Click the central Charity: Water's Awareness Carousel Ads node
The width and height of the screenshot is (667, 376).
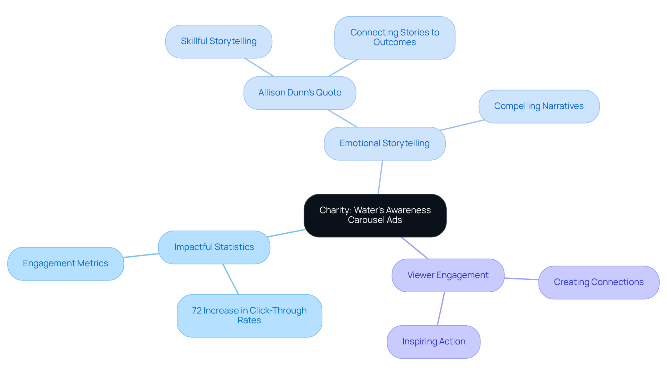(375, 215)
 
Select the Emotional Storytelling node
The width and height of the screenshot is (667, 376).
(385, 143)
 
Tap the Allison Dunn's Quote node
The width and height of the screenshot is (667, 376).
(299, 93)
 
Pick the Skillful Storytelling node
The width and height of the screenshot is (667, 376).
(219, 41)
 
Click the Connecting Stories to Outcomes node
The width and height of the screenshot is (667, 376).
(395, 37)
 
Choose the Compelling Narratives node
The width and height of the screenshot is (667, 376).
(539, 106)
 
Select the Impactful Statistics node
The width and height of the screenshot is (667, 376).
(214, 247)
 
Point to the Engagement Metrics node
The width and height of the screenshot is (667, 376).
(65, 264)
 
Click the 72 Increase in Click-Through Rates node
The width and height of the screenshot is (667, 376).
(249, 316)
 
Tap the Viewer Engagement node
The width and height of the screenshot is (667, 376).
(448, 275)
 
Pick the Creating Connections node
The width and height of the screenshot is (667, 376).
(599, 282)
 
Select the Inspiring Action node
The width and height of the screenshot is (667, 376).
(434, 342)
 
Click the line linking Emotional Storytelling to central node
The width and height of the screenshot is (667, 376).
(380, 177)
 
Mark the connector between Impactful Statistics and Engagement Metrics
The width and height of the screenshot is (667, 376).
(141, 256)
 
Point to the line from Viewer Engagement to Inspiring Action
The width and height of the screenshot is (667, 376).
(441, 309)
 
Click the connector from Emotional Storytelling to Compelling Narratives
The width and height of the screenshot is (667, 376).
(462, 125)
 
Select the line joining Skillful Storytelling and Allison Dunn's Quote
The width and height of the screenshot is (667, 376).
(260, 67)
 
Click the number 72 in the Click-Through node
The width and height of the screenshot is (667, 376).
(197, 310)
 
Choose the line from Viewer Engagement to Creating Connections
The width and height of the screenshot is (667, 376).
(521, 279)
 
